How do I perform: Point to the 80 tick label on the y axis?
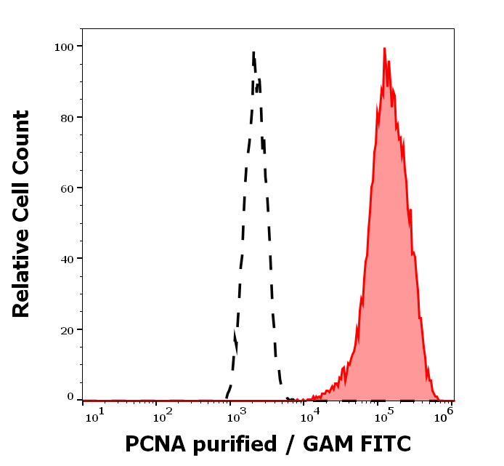tap(66, 117)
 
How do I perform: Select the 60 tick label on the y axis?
tap(66, 188)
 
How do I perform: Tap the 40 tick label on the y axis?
tap(66, 258)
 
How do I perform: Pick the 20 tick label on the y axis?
tap(66, 329)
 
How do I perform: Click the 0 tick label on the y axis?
tap(70, 397)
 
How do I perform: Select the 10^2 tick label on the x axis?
tap(163, 414)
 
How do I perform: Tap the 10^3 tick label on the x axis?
tap(237, 414)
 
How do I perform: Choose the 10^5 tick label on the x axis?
tap(384, 414)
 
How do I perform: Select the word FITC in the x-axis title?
tap(387, 443)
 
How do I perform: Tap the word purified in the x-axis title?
tap(236, 445)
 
